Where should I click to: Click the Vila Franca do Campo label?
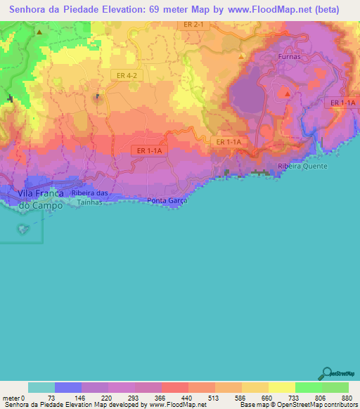tap(40, 199)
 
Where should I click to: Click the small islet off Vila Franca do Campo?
tap(25, 228)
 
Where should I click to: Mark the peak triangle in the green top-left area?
tap(40, 32)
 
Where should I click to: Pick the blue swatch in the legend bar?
tap(68, 387)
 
